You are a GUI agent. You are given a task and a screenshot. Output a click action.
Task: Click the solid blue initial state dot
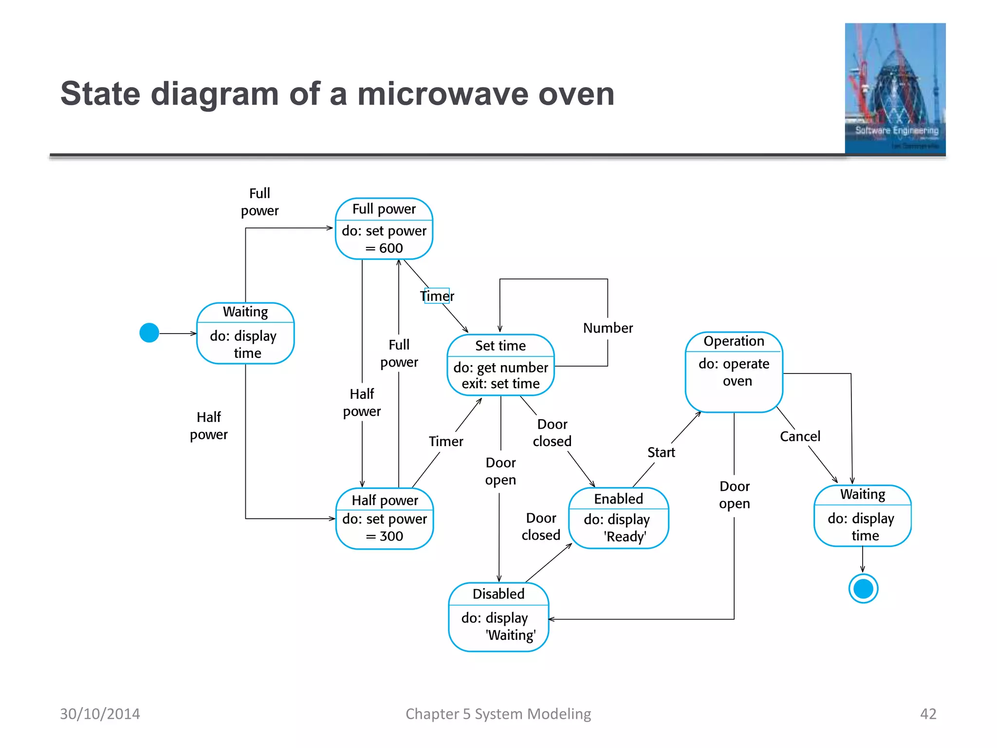149,333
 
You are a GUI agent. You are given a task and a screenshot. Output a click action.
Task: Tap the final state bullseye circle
863,589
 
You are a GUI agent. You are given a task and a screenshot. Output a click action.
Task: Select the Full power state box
384,229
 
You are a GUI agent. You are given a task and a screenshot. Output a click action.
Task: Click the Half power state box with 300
385,519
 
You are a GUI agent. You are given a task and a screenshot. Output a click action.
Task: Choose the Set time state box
500,365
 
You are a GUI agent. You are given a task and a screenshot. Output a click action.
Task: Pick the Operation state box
734,372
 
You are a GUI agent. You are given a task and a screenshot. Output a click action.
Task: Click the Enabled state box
618,518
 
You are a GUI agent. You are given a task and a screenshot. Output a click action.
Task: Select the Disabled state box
498,617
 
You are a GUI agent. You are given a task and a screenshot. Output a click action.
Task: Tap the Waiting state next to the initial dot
245,333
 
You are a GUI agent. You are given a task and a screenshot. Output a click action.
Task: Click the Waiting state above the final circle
863,516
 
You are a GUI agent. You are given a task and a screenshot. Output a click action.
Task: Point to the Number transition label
608,328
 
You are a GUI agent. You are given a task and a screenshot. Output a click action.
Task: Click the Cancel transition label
800,436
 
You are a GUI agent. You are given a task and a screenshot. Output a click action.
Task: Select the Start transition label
661,452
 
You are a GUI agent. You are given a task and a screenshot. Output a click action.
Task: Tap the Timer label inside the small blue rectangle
437,296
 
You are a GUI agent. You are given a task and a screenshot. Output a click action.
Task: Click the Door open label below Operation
735,495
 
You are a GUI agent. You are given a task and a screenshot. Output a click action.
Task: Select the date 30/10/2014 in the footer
100,714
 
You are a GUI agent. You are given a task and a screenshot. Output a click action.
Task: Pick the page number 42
928,714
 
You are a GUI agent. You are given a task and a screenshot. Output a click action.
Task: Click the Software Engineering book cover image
895,89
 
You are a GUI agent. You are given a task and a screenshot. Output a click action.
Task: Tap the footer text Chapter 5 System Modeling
498,714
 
